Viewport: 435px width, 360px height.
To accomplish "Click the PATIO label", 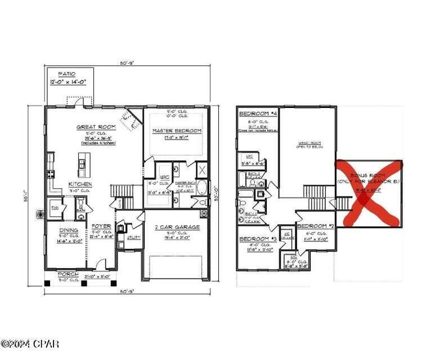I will tap(66, 74).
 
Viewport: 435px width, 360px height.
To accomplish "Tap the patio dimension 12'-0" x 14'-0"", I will tap(67, 83).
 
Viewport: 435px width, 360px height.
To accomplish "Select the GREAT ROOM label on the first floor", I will tap(96, 127).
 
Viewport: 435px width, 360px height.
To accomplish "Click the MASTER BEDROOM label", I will tap(177, 130).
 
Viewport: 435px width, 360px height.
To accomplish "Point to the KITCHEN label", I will tap(80, 184).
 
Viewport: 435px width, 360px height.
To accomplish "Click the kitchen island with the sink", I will tap(83, 166).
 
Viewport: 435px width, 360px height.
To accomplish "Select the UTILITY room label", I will tap(134, 238).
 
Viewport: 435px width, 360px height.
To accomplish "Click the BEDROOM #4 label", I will tap(258, 114).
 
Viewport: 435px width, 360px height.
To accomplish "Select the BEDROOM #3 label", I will tap(258, 239).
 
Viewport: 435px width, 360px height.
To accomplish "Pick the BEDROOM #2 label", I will tap(316, 226).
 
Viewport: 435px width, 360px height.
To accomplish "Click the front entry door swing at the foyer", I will tap(101, 264).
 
